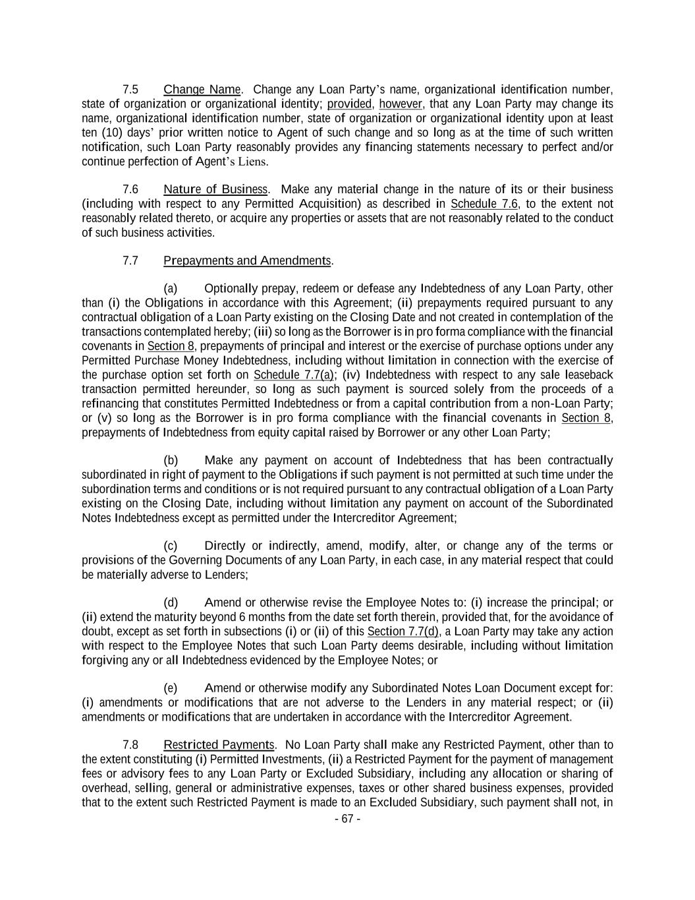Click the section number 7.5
130,90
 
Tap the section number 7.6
130,190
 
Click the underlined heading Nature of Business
215,190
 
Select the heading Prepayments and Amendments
247,261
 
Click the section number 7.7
130,261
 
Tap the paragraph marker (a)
171,289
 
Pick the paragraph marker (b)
171,461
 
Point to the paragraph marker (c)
171,546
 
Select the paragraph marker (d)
171,603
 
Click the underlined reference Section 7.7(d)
403,632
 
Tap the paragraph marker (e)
171,688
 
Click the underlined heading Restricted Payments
219,746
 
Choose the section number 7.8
130,746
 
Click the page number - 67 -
347,820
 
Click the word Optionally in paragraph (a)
231,289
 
